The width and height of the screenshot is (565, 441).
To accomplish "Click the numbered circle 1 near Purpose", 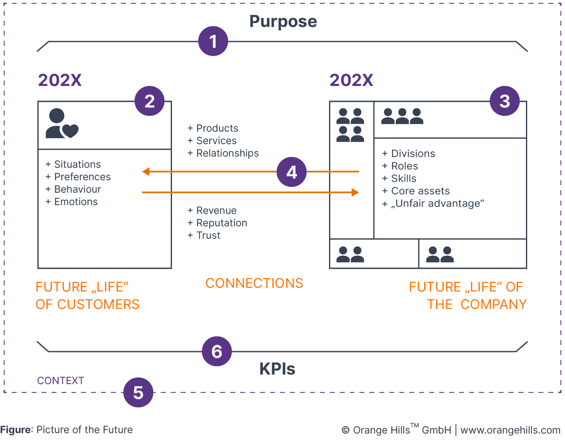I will pyautogui.click(x=213, y=41).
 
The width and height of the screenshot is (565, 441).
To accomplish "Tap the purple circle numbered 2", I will pyautogui.click(x=150, y=101).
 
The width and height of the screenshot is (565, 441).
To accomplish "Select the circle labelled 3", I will pyautogui.click(x=504, y=101).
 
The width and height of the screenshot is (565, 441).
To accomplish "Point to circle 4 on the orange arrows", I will pyautogui.click(x=292, y=172).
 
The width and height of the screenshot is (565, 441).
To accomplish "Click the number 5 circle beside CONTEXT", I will pyautogui.click(x=138, y=392).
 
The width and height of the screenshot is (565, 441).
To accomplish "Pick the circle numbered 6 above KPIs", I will pyautogui.click(x=216, y=351).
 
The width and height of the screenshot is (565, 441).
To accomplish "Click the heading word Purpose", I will pyautogui.click(x=283, y=22).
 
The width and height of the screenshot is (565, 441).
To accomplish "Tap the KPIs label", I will pyautogui.click(x=277, y=369).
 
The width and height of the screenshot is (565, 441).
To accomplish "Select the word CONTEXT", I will pyautogui.click(x=61, y=381).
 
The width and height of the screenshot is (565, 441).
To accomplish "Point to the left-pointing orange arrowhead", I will pyautogui.click(x=146, y=171).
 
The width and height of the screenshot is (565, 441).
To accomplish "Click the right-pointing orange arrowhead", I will pyautogui.click(x=355, y=192).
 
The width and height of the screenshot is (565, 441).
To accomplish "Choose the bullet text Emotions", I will pyautogui.click(x=76, y=202).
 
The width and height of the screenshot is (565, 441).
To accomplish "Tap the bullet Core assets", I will pyautogui.click(x=420, y=191).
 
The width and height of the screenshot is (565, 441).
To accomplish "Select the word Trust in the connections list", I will pyautogui.click(x=208, y=235).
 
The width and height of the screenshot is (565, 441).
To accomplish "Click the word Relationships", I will pyautogui.click(x=227, y=153).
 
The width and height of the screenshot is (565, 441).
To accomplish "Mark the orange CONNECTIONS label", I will pyautogui.click(x=254, y=283).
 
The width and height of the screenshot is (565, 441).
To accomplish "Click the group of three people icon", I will pyautogui.click(x=402, y=117).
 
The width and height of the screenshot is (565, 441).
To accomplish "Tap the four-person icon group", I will pyautogui.click(x=350, y=125).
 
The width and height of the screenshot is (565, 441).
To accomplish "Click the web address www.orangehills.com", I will pyautogui.click(x=510, y=430).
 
